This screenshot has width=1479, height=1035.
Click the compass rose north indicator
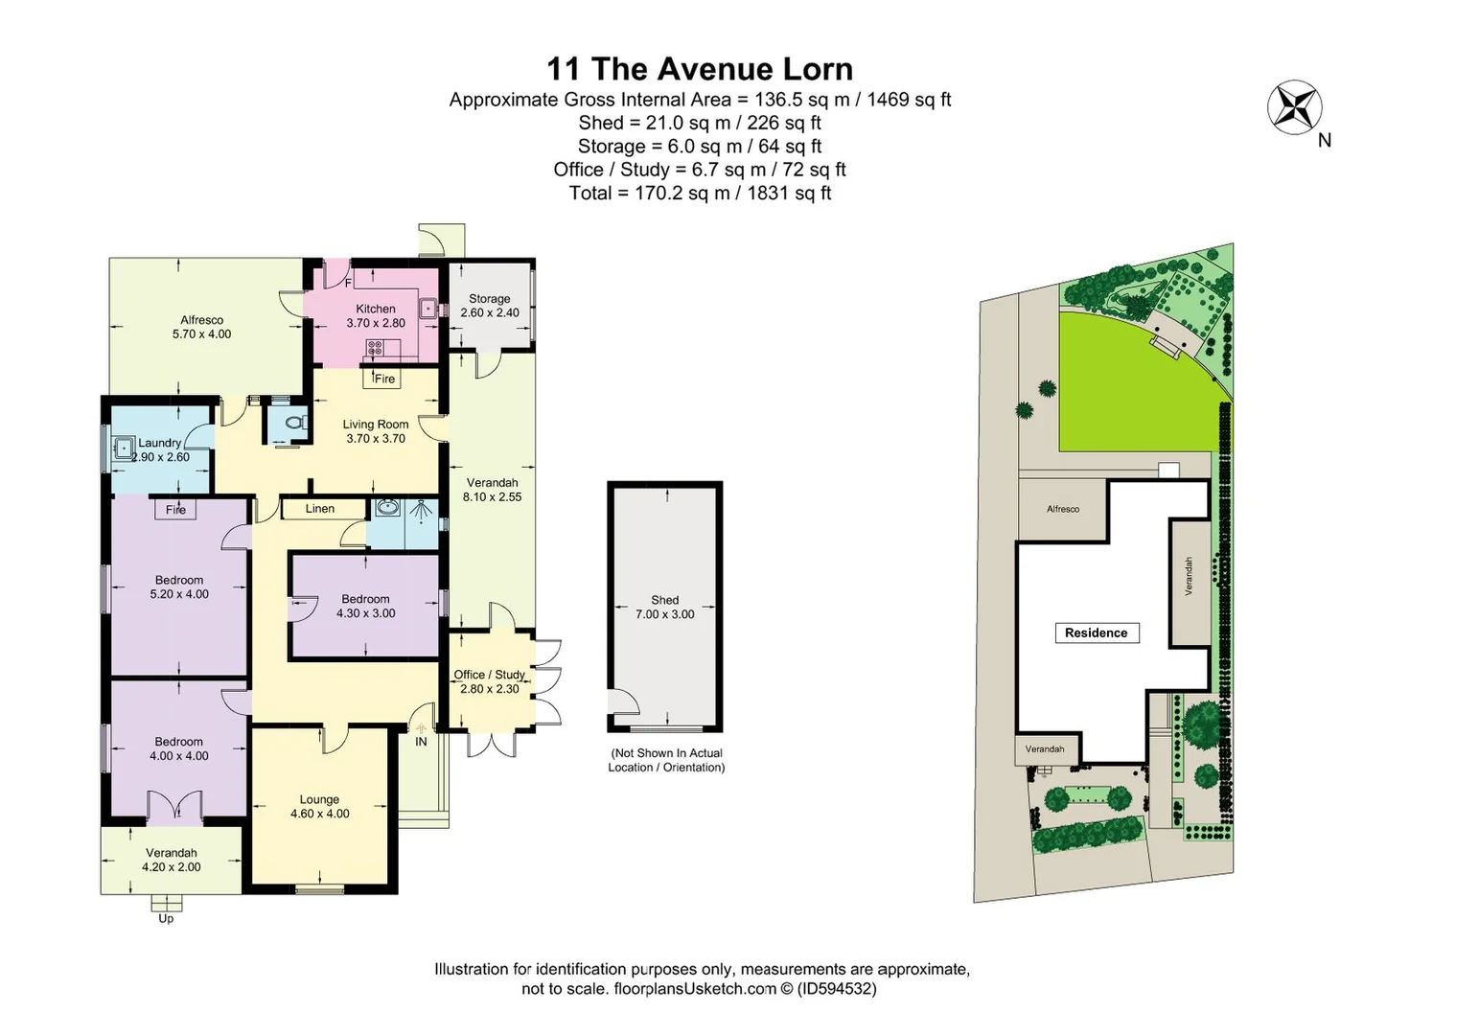click(x=1295, y=107)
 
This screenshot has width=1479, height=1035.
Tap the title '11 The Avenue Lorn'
click(x=699, y=69)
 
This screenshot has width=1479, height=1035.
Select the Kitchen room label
click(x=376, y=309)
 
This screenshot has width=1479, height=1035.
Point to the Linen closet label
click(x=320, y=509)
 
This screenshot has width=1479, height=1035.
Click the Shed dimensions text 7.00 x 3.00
click(x=664, y=614)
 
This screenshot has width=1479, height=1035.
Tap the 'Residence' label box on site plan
click(x=1096, y=632)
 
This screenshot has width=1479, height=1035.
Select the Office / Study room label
click(x=489, y=675)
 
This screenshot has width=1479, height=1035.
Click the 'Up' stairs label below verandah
click(x=166, y=918)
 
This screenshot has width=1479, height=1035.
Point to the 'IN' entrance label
click(x=421, y=742)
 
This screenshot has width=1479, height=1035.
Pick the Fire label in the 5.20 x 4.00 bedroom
click(x=175, y=510)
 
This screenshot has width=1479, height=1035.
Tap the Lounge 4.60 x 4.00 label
click(x=319, y=807)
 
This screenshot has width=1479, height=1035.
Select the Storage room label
click(x=489, y=299)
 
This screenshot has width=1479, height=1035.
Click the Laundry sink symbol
click(x=124, y=448)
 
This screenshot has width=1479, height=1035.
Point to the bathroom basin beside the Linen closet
click(x=387, y=507)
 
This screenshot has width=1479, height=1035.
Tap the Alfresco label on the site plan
click(x=1062, y=509)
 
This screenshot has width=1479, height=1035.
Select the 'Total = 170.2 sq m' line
click(x=699, y=193)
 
